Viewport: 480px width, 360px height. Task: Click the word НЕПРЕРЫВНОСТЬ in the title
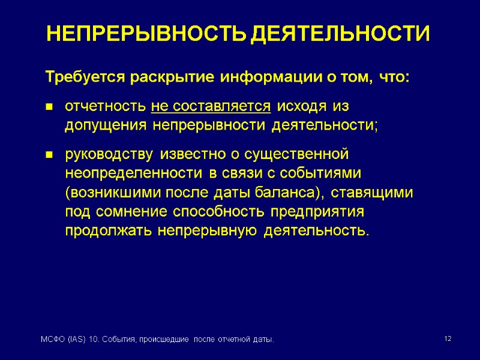tap(146, 34)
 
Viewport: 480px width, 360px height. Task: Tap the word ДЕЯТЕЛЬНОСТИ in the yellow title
tap(340, 34)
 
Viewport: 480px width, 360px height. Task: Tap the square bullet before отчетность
tap(49, 107)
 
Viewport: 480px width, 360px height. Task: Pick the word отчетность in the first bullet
tap(106, 107)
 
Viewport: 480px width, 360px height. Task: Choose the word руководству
tap(109, 155)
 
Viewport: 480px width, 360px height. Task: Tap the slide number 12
tap(447, 340)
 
